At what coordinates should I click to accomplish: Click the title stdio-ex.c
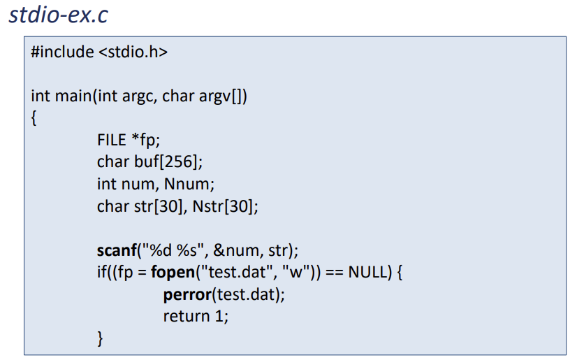click(59, 15)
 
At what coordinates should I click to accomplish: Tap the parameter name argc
click(140, 95)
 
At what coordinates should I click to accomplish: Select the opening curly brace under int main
click(34, 117)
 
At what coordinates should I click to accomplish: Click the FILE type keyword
click(112, 140)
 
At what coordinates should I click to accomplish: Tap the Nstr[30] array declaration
click(226, 206)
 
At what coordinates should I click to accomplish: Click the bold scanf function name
click(117, 250)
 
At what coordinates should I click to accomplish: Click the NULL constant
click(367, 271)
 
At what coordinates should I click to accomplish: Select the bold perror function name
click(187, 294)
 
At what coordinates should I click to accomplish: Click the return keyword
click(185, 315)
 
